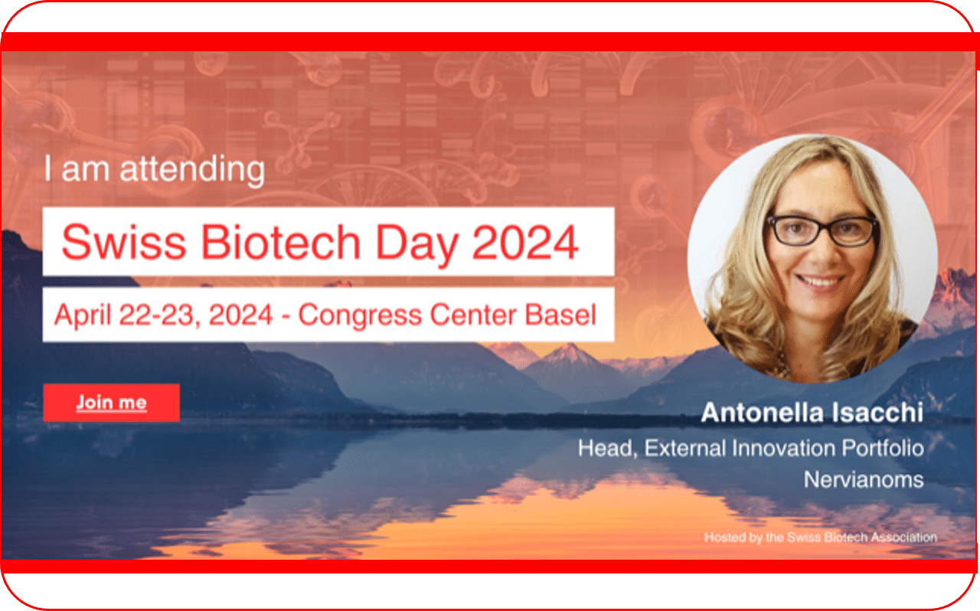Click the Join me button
(112, 403)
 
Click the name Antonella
(762, 413)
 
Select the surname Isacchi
(877, 413)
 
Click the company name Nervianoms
(864, 479)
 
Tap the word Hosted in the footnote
(723, 537)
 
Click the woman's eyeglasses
(822, 230)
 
